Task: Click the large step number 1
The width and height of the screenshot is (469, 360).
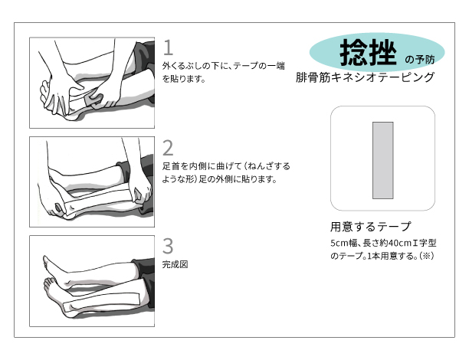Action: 169,47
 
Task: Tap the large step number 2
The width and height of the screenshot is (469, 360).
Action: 168,148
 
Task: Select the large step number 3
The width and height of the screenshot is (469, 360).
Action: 168,246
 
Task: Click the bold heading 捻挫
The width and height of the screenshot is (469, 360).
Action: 368,53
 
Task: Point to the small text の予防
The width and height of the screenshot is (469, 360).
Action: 420,60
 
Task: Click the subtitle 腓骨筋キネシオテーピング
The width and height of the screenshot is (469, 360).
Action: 365,77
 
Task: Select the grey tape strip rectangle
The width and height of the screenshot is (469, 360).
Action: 382,160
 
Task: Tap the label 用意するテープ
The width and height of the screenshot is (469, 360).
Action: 371,227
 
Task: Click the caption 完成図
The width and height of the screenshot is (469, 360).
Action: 175,264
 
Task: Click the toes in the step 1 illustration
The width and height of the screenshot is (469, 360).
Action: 44,90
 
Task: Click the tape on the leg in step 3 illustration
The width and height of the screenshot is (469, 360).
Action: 102,300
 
